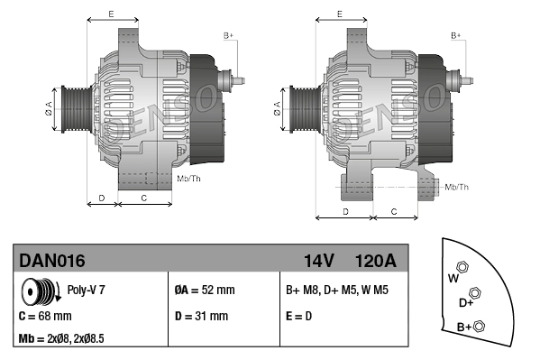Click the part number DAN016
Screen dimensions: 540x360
point(52,261)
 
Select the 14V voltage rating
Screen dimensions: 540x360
point(319,261)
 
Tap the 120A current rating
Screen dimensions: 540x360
point(375,261)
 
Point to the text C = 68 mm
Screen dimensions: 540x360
point(45,316)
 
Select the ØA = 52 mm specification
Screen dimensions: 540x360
point(205,290)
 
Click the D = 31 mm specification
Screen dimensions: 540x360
point(201,316)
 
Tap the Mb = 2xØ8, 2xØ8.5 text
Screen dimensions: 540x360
point(61,338)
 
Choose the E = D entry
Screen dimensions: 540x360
point(299,316)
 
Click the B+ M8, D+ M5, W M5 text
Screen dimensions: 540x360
point(337,290)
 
